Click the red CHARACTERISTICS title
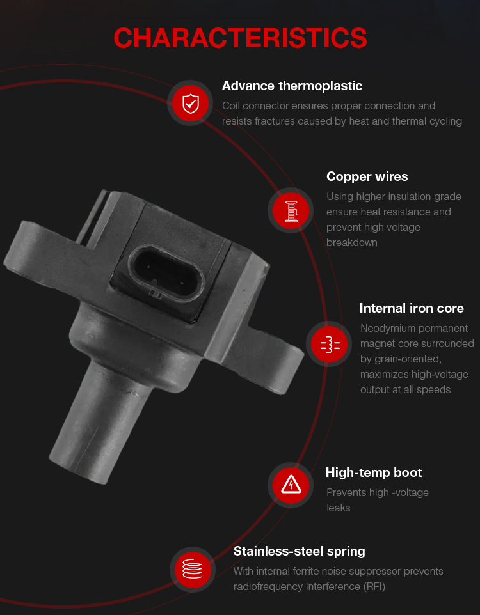(240, 38)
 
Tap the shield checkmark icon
(191, 103)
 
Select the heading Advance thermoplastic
(292, 86)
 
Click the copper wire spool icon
(291, 210)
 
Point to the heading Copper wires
(367, 176)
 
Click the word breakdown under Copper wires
(351, 243)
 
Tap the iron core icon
(330, 345)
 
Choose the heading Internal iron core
(412, 308)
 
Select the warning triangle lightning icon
(291, 485)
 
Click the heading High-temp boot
(374, 472)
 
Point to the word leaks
(338, 508)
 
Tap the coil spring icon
(193, 569)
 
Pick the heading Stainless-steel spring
(299, 552)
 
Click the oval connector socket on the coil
(166, 274)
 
